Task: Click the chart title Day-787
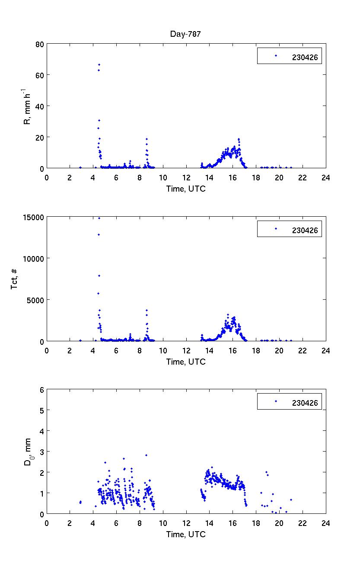coord(185,34)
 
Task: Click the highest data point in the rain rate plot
coord(99,64)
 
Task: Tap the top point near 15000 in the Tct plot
coord(99,218)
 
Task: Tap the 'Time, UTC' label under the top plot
coord(186,189)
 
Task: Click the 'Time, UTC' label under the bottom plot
coord(186,534)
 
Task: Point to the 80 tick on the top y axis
coord(40,44)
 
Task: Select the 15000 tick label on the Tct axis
coord(33,217)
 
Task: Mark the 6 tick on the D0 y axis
coord(42,390)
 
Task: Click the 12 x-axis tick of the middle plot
coord(186,350)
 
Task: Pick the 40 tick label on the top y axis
coord(40,106)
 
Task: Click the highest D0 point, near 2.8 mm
coord(147,455)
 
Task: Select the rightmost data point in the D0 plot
coord(291,500)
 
